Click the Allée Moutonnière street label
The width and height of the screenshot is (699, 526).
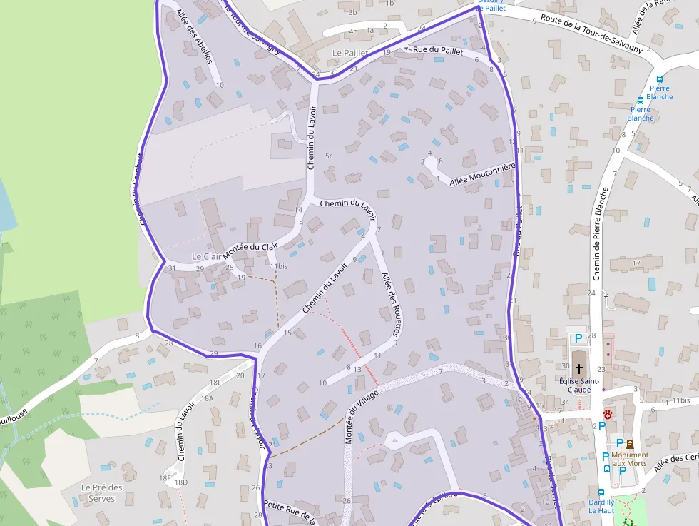click(x=482, y=175)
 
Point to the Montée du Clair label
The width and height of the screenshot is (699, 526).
click(x=250, y=251)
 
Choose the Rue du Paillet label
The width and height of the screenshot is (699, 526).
click(x=438, y=51)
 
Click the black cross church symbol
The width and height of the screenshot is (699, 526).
click(x=578, y=368)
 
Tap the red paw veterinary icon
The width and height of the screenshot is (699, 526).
click(x=607, y=414)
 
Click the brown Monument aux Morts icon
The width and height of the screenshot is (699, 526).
click(x=629, y=443)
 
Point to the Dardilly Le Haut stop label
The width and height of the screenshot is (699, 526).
click(x=601, y=506)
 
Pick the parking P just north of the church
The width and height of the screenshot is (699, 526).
click(x=578, y=338)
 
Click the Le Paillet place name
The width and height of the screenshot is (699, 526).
click(x=350, y=53)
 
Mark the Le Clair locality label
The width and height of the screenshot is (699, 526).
click(x=207, y=256)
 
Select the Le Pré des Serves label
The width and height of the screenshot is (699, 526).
click(x=101, y=492)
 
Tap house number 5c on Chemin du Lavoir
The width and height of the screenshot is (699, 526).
click(x=329, y=156)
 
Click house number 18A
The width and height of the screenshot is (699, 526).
click(x=207, y=398)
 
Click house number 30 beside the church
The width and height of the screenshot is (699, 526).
click(x=565, y=367)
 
